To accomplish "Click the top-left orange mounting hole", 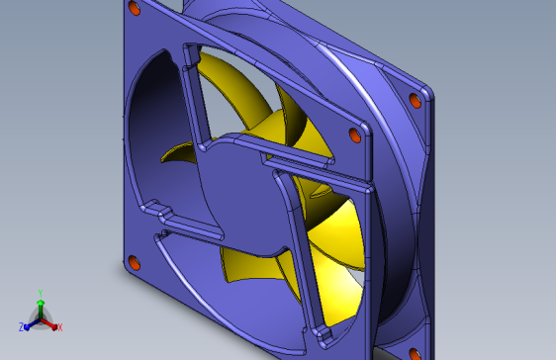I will (135, 9).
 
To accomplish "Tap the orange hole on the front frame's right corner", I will (355, 135).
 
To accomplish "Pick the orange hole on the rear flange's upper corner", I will (415, 101).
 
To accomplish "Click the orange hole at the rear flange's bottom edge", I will (414, 353).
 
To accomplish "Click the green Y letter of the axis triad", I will (41, 293).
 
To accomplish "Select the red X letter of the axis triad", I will (59, 326).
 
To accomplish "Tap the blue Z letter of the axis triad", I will (21, 326).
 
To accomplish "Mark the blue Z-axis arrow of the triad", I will (30, 323).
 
